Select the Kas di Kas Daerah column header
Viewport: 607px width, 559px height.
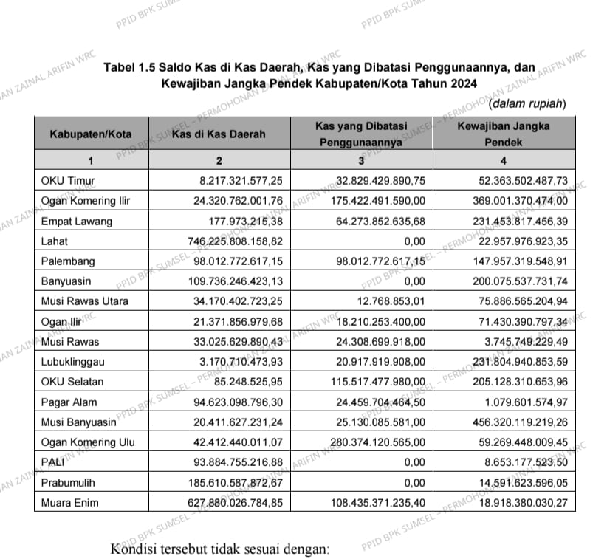pos(218,134)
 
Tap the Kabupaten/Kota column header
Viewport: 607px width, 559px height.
pos(90,134)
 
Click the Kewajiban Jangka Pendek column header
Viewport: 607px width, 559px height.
pos(503,134)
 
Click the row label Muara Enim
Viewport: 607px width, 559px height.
pos(69,503)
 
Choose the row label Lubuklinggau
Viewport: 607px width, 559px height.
pos(72,362)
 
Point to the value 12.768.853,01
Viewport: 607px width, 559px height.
pos(389,301)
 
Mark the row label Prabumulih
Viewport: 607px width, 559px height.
pos(69,483)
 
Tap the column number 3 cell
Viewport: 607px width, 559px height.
pos(362,160)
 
